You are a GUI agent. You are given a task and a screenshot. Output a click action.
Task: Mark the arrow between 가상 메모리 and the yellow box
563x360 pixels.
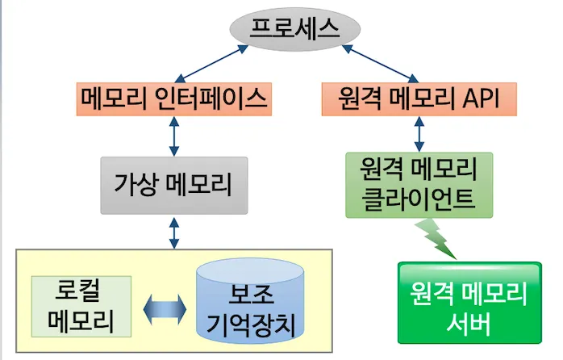(173, 232)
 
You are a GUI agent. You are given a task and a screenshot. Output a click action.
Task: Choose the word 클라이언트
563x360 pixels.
(418, 198)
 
